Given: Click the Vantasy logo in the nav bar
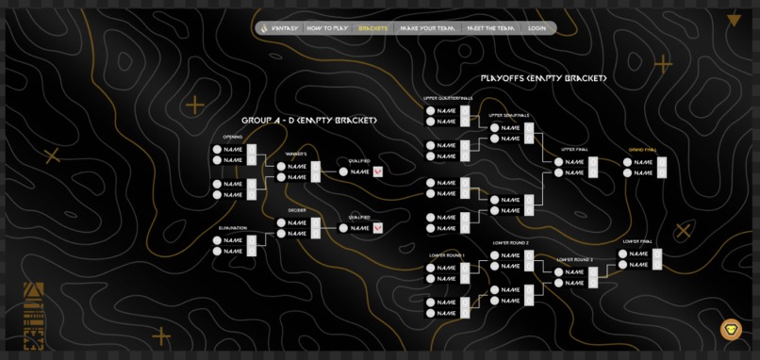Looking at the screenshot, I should click(x=264, y=28).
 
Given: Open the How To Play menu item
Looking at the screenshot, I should click(x=327, y=28).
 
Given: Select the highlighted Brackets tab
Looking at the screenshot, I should click(x=373, y=28).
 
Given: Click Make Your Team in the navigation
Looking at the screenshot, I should click(x=427, y=28).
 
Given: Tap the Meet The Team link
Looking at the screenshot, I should click(x=491, y=28).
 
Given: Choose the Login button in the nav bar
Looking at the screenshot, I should click(x=537, y=28).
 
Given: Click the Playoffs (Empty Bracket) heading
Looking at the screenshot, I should click(x=543, y=78).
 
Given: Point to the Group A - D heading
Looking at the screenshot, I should click(x=308, y=121).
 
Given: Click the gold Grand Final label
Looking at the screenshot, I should click(x=642, y=150).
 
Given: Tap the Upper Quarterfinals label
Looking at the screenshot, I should click(x=448, y=98).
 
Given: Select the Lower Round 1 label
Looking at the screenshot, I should click(x=447, y=255).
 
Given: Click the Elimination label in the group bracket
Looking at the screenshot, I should click(x=233, y=228).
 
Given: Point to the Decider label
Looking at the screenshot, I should click(x=297, y=210).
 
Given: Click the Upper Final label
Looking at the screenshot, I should click(x=574, y=150).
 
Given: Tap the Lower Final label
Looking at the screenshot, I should click(x=637, y=241).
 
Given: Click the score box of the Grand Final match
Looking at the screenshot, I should click(x=662, y=167).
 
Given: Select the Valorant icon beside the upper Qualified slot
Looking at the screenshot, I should click(x=378, y=172).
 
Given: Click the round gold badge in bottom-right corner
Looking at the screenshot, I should click(x=731, y=329).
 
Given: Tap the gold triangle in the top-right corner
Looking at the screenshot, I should click(x=734, y=20).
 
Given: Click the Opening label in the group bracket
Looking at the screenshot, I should click(x=232, y=137).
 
